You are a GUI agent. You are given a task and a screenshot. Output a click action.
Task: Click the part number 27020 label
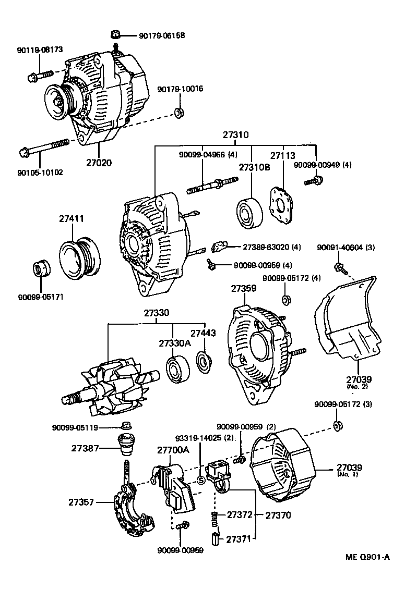[99, 162]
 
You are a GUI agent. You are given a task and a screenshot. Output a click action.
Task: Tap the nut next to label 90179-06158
[116, 35]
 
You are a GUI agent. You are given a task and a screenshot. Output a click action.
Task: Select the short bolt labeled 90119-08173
[42, 75]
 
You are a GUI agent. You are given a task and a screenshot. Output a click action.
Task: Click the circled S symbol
[200, 480]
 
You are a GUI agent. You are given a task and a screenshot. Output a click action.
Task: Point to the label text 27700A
[173, 449]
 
